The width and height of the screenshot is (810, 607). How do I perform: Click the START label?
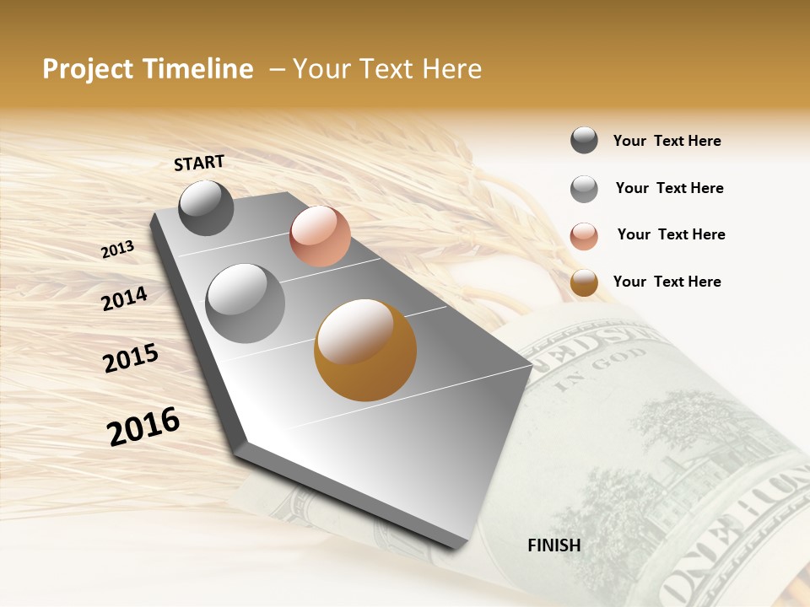(199, 163)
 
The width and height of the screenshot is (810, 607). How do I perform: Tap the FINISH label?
(553, 545)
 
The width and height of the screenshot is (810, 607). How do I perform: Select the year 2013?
(118, 250)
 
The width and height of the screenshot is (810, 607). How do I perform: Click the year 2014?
(125, 298)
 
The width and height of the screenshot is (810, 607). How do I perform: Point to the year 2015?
(131, 357)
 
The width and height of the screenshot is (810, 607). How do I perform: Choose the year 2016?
(143, 426)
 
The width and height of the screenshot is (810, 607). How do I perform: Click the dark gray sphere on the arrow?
(206, 207)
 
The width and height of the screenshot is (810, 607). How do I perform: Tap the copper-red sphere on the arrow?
(320, 236)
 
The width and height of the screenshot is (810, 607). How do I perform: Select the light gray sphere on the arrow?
(246, 303)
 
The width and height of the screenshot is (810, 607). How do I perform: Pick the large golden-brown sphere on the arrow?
(365, 350)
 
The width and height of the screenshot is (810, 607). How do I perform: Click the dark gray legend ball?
(584, 140)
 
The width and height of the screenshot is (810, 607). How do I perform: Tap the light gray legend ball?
(584, 189)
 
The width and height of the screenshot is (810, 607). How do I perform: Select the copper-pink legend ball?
(584, 236)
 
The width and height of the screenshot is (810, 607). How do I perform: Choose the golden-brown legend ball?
(584, 283)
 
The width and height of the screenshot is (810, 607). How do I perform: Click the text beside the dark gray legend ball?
(667, 141)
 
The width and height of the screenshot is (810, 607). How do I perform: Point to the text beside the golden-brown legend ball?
(667, 282)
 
